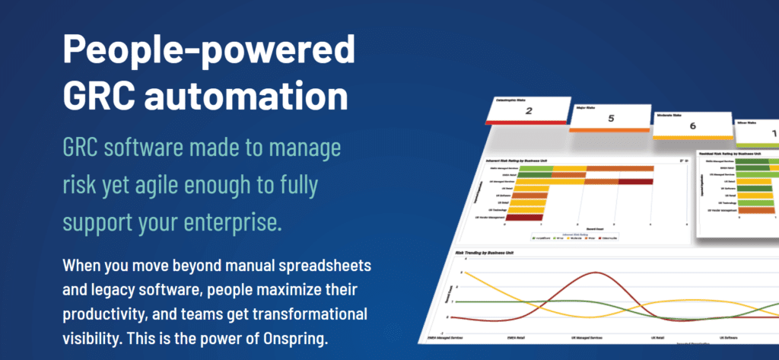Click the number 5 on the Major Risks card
pyautogui.click(x=610, y=119)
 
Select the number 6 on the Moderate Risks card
pyautogui.click(x=692, y=127)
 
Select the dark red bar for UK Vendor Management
pyautogui.click(x=524, y=218)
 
